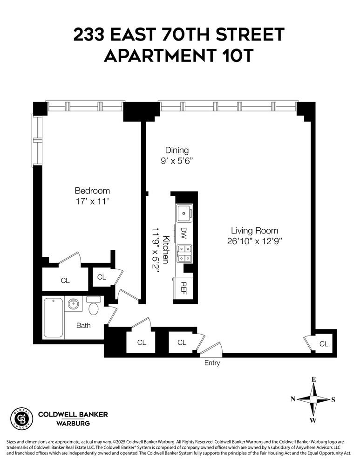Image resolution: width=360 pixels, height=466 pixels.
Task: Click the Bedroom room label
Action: point(92,191)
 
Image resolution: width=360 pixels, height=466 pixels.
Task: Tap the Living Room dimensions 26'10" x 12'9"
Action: point(255,241)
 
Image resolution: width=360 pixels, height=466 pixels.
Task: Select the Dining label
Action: point(177,150)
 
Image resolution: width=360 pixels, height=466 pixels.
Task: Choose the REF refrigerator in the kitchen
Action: point(184,289)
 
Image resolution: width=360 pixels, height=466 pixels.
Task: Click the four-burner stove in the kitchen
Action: point(185,254)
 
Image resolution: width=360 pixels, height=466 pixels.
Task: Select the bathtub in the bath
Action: point(53,317)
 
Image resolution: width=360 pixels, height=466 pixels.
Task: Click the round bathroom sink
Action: point(72,305)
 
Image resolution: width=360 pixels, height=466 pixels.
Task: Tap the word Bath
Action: point(84,325)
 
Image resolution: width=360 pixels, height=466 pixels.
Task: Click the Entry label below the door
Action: point(212,363)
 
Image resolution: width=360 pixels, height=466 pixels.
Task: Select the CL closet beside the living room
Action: point(324,344)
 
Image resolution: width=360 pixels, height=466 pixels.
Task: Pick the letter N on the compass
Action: point(293,398)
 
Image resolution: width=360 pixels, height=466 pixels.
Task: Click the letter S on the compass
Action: point(333,399)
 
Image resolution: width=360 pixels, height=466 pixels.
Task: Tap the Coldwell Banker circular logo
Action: point(21,418)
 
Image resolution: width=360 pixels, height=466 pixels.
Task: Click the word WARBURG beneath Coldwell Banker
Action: point(73,424)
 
